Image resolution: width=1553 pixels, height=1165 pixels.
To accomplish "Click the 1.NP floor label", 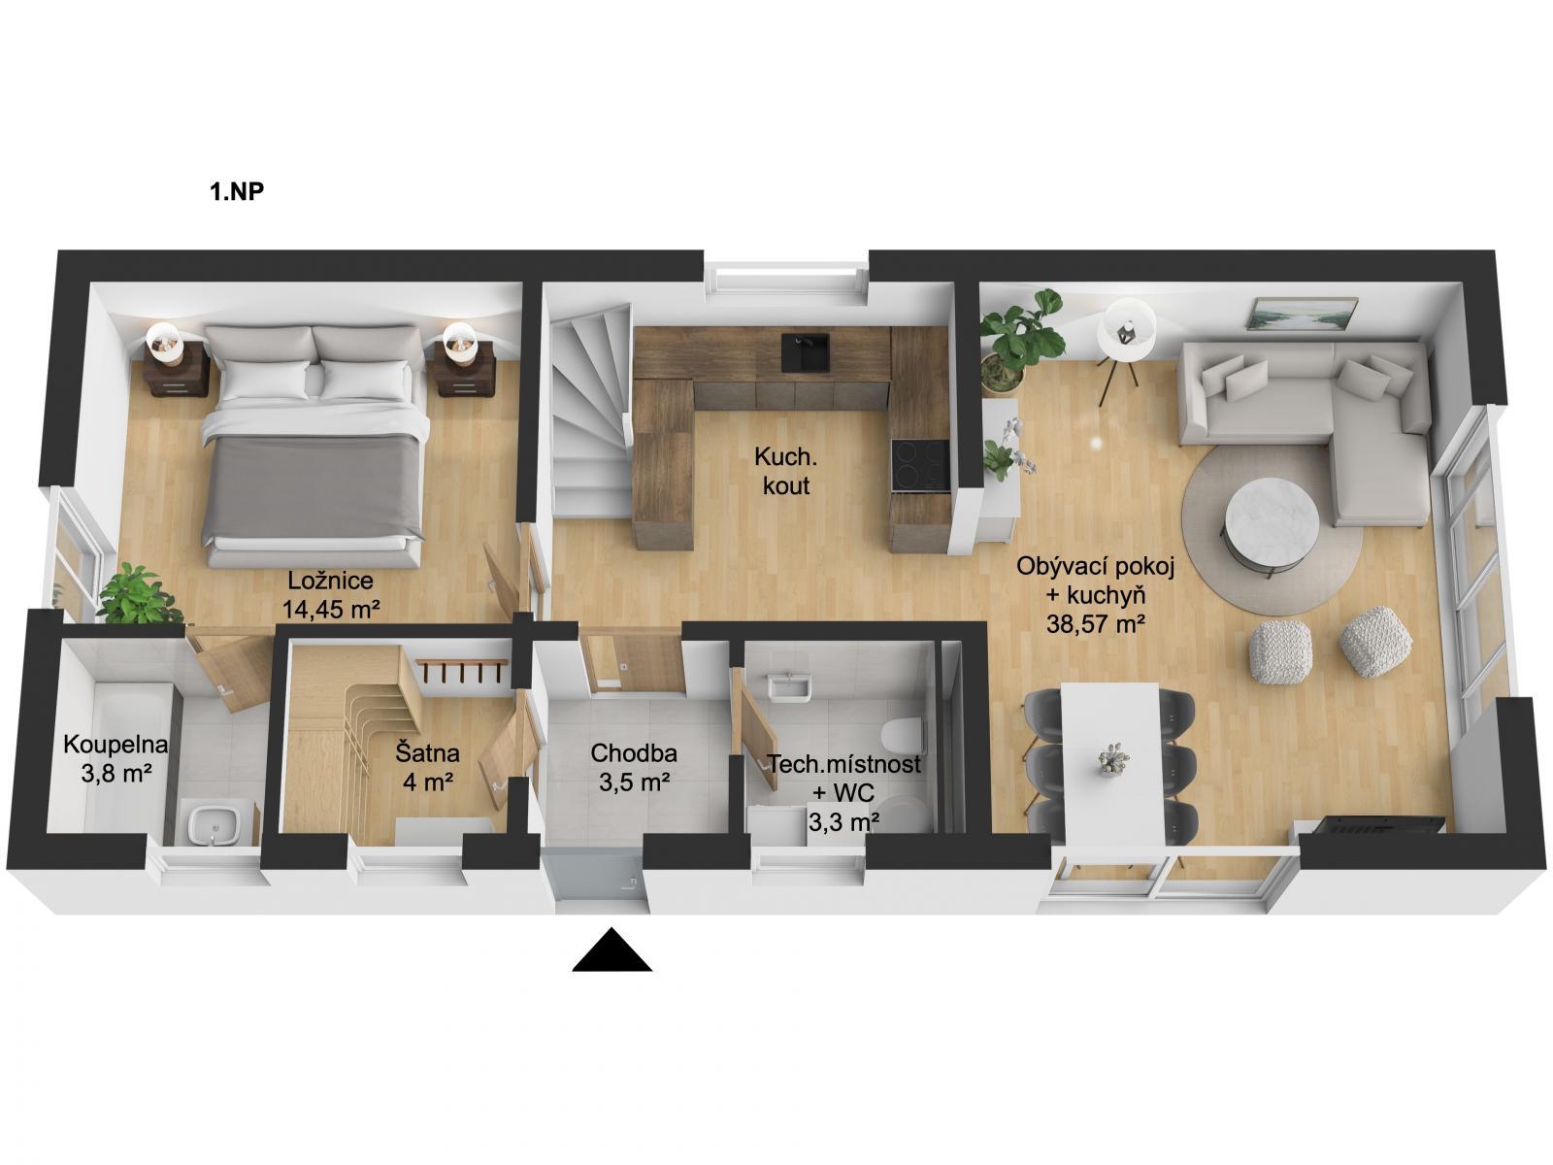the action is point(236,191).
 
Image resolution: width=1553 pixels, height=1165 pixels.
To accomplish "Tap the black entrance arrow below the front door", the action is point(611,950).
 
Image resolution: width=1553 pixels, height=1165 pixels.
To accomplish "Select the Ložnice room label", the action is point(330,581).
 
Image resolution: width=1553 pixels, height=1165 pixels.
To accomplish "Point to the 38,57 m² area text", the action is point(1095,624).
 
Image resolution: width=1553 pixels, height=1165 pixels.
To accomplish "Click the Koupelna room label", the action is point(116,744).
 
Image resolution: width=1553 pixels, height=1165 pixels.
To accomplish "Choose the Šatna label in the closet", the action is point(427,752).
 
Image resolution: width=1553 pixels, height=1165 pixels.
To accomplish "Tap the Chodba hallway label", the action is point(634,753).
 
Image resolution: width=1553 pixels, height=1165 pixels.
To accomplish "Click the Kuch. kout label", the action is point(785,471).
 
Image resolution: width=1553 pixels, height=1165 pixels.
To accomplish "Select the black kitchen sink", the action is point(806,352).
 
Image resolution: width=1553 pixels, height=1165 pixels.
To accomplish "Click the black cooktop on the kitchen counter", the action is point(920,465).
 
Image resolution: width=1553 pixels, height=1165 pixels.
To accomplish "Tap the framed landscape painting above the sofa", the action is point(1302,314).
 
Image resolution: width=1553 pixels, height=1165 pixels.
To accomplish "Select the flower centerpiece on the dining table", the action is point(1114,760).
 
